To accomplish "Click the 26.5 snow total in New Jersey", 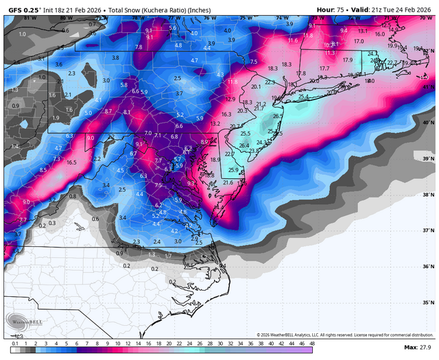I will [x=278, y=117].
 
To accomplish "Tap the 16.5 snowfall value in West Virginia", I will [x=71, y=163].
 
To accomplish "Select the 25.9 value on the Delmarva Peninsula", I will [x=233, y=170].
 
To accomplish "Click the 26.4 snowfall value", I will [x=244, y=145].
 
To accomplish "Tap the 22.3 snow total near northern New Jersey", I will [x=270, y=82].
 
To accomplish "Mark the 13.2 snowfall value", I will [x=215, y=123].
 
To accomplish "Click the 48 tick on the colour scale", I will [x=312, y=342].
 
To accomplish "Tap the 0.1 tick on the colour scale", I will [x=14, y=342].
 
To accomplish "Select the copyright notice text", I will [x=343, y=335].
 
